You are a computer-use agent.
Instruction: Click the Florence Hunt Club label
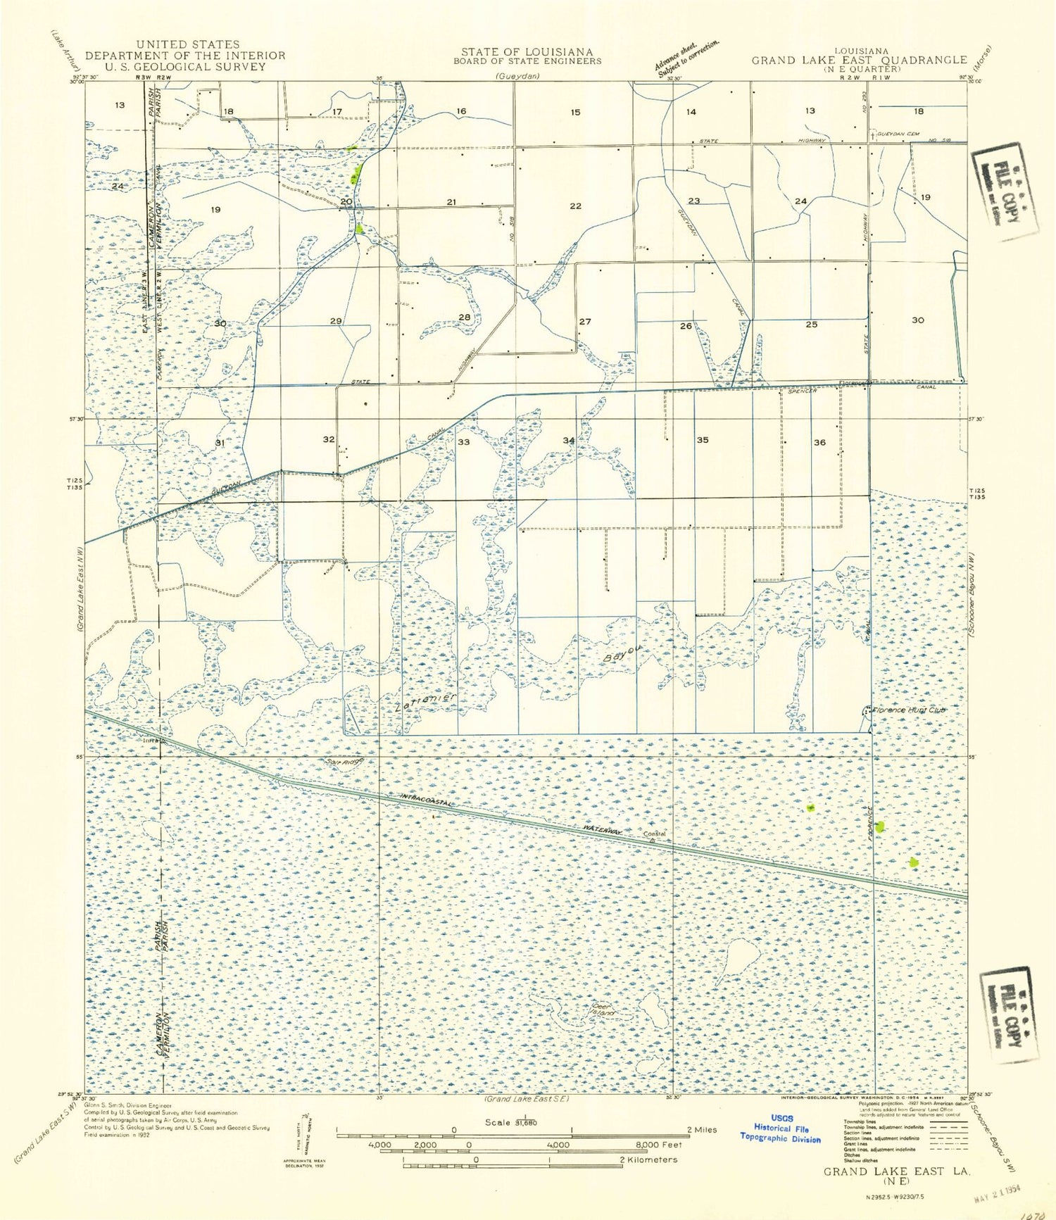(x=908, y=710)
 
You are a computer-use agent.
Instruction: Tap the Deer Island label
(x=604, y=1010)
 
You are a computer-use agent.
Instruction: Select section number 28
(x=464, y=317)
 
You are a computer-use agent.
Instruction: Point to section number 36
(x=819, y=442)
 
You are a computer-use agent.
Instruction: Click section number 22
(x=575, y=206)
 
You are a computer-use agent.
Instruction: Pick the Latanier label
(x=426, y=703)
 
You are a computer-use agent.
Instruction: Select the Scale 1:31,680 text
(x=511, y=1122)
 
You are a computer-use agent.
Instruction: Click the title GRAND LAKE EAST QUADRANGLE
(x=859, y=61)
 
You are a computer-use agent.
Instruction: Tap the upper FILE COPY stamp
(x=1005, y=190)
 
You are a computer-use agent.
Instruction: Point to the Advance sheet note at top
(x=686, y=56)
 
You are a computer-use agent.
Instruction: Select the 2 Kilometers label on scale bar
(x=648, y=1159)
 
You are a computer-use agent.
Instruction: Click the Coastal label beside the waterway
(x=654, y=834)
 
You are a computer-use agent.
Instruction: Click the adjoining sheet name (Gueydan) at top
(x=517, y=75)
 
